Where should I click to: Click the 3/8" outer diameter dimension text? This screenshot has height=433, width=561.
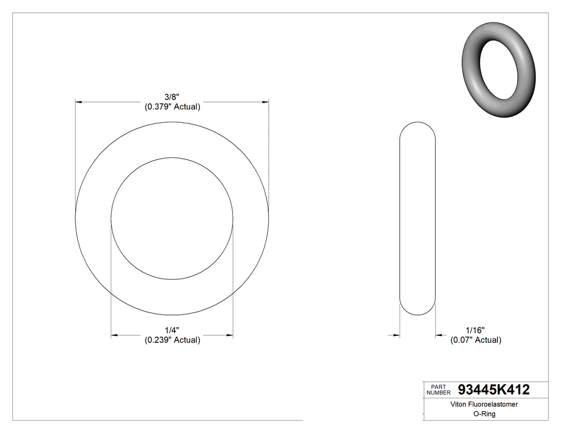click(172, 97)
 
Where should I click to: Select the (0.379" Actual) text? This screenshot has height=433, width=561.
click(172, 107)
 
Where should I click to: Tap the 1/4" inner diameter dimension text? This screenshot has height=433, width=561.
click(172, 330)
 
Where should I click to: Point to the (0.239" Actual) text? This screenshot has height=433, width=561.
click(172, 340)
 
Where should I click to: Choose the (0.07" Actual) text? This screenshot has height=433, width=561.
click(476, 340)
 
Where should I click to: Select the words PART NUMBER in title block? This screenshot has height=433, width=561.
click(439, 390)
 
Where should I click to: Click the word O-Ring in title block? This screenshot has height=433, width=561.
click(485, 414)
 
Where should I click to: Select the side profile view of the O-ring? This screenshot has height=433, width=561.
click(418, 219)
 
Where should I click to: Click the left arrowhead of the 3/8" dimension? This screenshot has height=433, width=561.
click(79, 101)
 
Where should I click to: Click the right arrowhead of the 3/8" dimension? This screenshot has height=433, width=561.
click(265, 101)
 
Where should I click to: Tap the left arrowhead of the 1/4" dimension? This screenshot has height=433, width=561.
click(114, 335)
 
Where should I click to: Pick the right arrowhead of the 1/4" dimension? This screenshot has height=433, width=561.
click(230, 335)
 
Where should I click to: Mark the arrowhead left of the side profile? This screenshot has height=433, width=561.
click(396, 335)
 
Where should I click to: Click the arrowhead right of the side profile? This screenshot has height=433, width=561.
click(439, 335)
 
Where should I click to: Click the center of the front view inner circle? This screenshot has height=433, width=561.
click(172, 218)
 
